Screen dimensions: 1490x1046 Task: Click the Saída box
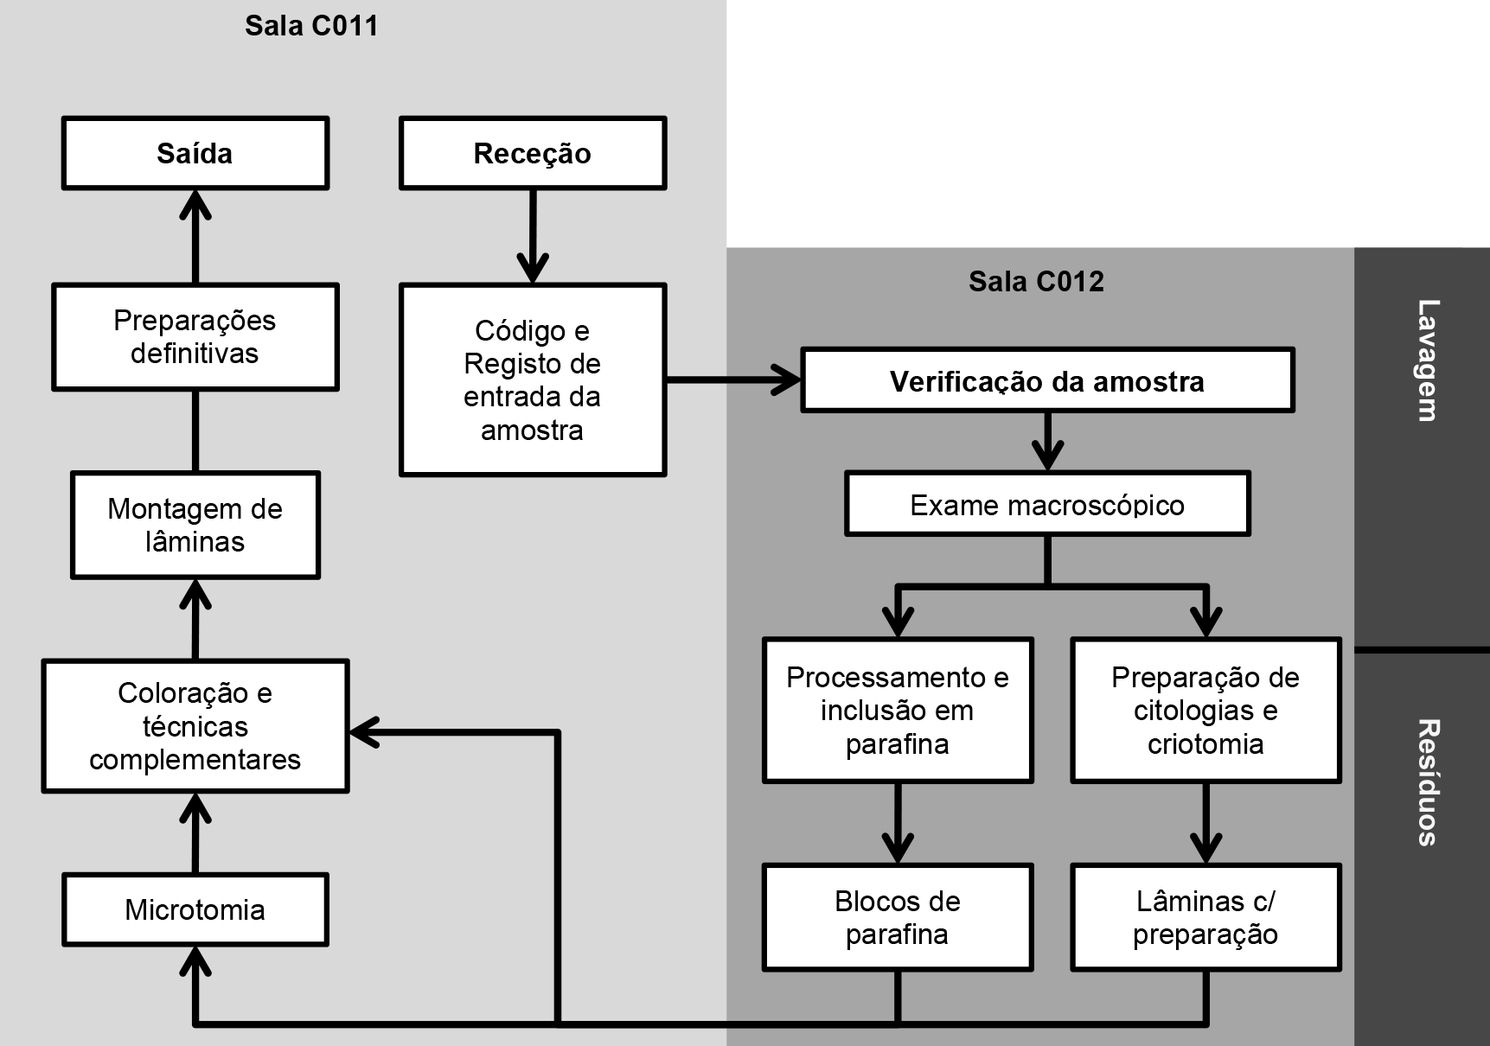click(195, 153)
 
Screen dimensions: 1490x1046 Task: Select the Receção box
click(533, 153)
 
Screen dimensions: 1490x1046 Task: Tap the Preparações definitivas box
click(195, 337)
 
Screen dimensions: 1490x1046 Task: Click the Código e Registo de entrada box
click(533, 379)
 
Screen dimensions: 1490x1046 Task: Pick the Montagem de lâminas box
click(195, 525)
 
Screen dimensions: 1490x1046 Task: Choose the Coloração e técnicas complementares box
click(195, 726)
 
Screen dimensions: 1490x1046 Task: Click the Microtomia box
click(195, 909)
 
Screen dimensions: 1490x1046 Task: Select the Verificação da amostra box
click(1047, 380)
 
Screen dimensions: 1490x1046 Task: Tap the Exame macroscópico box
click(1047, 504)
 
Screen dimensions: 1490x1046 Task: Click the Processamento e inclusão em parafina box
click(898, 711)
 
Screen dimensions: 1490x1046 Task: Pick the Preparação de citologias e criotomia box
click(1205, 711)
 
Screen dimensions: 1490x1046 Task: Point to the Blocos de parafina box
click(898, 917)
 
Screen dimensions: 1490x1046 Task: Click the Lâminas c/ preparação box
click(1205, 917)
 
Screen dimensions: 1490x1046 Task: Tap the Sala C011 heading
click(311, 25)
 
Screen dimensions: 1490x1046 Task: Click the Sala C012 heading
click(1036, 281)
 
